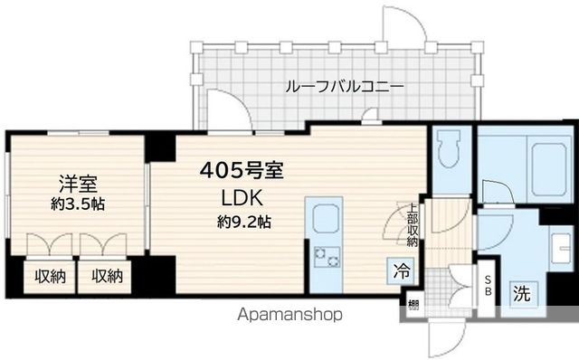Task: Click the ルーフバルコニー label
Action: pyautogui.click(x=344, y=87)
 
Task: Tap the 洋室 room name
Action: pyautogui.click(x=72, y=181)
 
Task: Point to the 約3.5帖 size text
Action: pyautogui.click(x=77, y=204)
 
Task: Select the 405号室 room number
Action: pyautogui.click(x=247, y=169)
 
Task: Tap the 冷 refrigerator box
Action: pyautogui.click(x=400, y=270)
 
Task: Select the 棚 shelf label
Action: pyautogui.click(x=412, y=305)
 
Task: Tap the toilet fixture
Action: pyautogui.click(x=447, y=154)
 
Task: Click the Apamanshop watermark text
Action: pyautogui.click(x=289, y=316)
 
